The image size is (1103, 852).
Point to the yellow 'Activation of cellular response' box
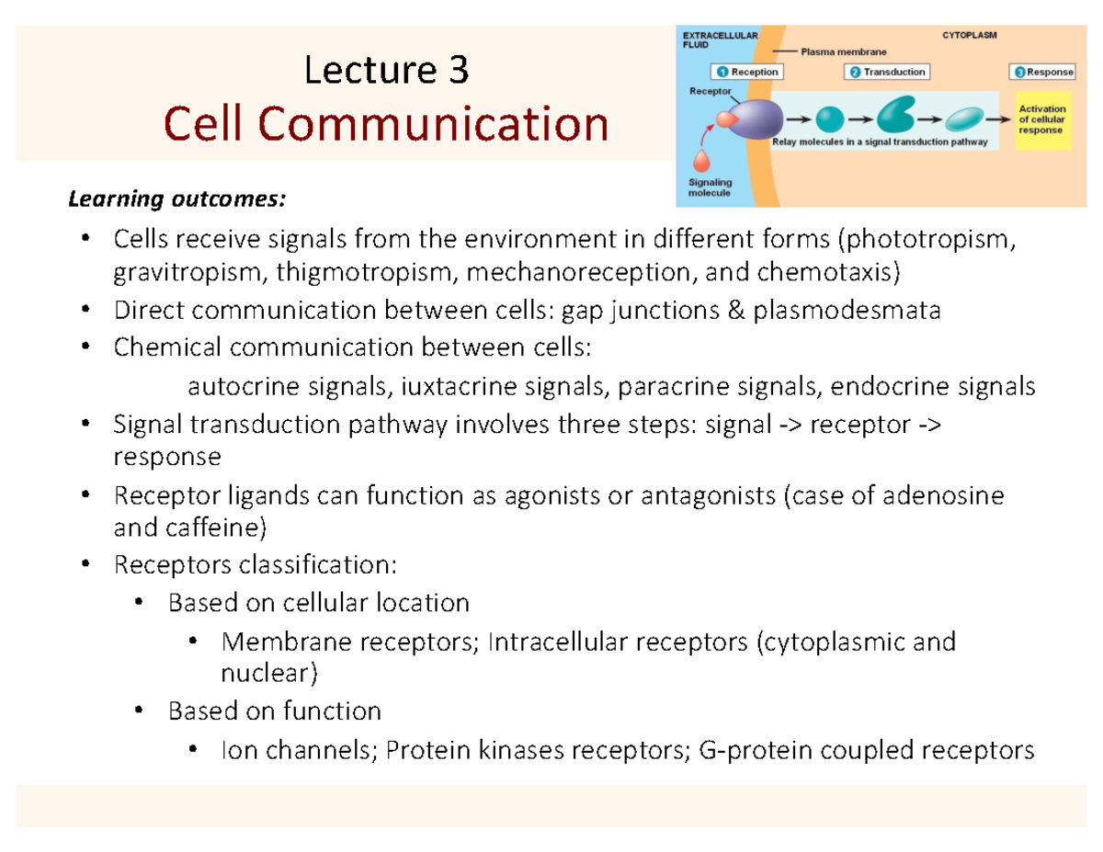pyautogui.click(x=1040, y=119)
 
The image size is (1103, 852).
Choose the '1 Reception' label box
pyautogui.click(x=746, y=72)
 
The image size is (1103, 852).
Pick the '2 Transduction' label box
pyautogui.click(x=889, y=72)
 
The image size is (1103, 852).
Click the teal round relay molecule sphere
pyautogui.click(x=829, y=119)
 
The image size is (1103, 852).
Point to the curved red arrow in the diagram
pyautogui.click(x=708, y=138)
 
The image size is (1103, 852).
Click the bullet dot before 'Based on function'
pyautogui.click(x=139, y=710)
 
